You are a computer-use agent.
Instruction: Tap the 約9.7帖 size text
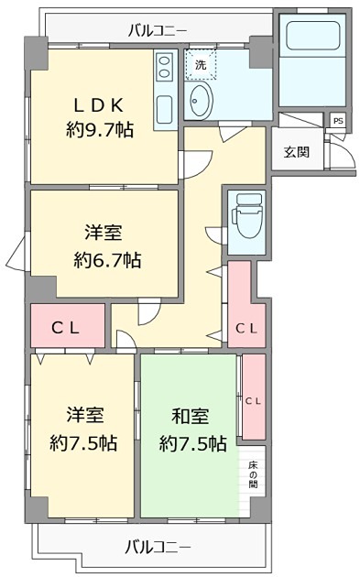pyautogui.click(x=100, y=131)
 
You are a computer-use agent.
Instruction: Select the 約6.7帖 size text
pyautogui.click(x=107, y=259)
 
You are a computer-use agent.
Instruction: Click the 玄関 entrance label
pyautogui.click(x=296, y=152)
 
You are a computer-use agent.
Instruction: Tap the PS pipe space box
pyautogui.click(x=338, y=120)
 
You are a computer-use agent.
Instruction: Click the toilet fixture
pyautogui.click(x=245, y=217)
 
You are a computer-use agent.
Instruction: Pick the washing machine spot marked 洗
pyautogui.click(x=200, y=64)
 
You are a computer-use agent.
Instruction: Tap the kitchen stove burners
pyautogui.click(x=163, y=65)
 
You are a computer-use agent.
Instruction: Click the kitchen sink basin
pyautogui.click(x=164, y=108)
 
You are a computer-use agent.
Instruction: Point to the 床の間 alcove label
pyautogui.click(x=253, y=473)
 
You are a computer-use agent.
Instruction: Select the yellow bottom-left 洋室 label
pyautogui.click(x=82, y=415)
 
